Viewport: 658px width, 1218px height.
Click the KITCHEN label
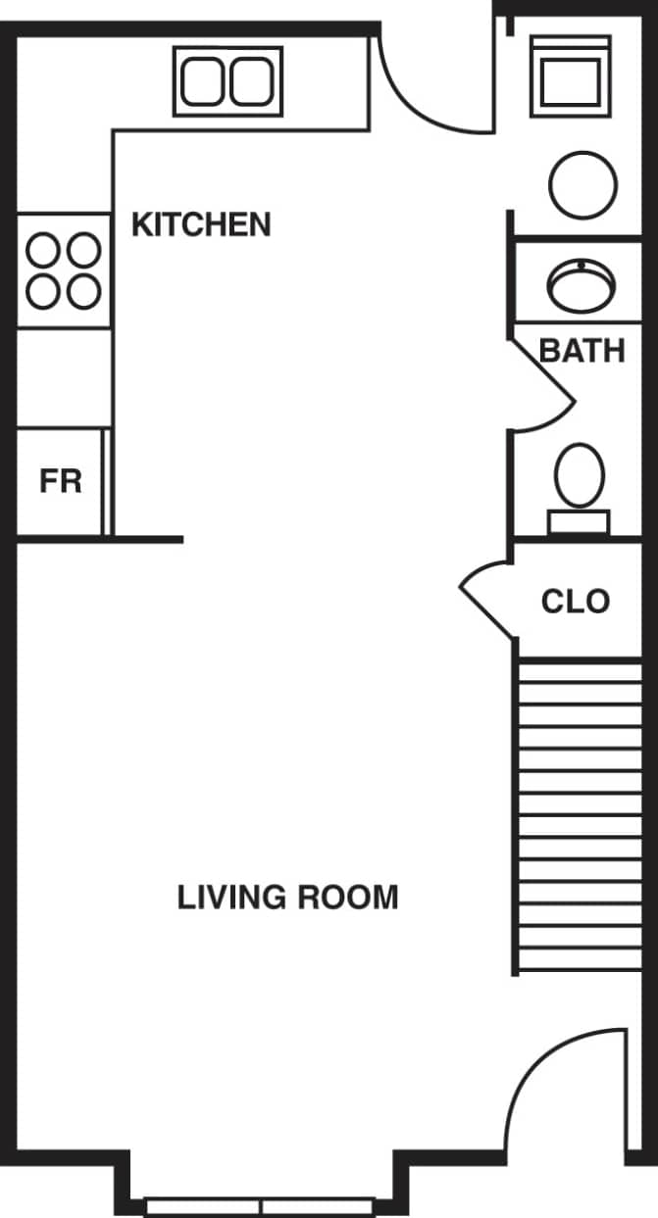click(201, 224)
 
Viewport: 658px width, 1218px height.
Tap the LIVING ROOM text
click(287, 897)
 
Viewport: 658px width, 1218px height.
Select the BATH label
click(582, 350)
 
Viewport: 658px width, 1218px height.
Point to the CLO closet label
click(575, 601)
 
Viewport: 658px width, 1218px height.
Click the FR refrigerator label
click(60, 481)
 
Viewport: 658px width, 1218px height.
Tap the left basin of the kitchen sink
click(204, 80)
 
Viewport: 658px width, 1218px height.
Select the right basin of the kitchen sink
click(252, 80)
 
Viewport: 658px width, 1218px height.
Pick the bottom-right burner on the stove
click(84, 291)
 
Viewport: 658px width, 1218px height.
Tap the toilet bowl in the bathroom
click(580, 475)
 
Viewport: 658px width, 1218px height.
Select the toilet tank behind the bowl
click(579, 522)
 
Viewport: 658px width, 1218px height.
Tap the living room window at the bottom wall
click(261, 1205)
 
